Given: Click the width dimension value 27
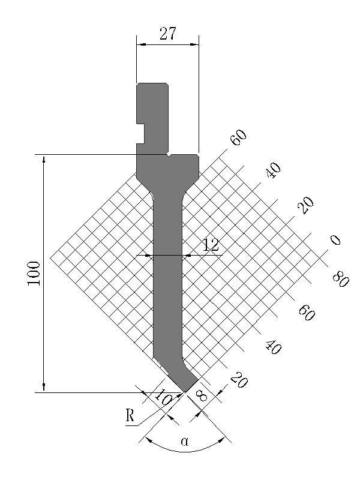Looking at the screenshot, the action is pos(168,34).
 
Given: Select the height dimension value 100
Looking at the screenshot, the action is pos(34,274).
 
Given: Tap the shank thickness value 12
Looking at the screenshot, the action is pos(211,245).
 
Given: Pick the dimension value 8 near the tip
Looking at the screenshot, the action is pos(202,396).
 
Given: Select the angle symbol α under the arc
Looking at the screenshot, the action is pos(185,441).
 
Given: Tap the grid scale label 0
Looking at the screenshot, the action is pos(335,239).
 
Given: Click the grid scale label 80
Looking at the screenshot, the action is pos(340,280).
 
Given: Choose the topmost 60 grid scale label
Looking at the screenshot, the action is pos(239,137).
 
